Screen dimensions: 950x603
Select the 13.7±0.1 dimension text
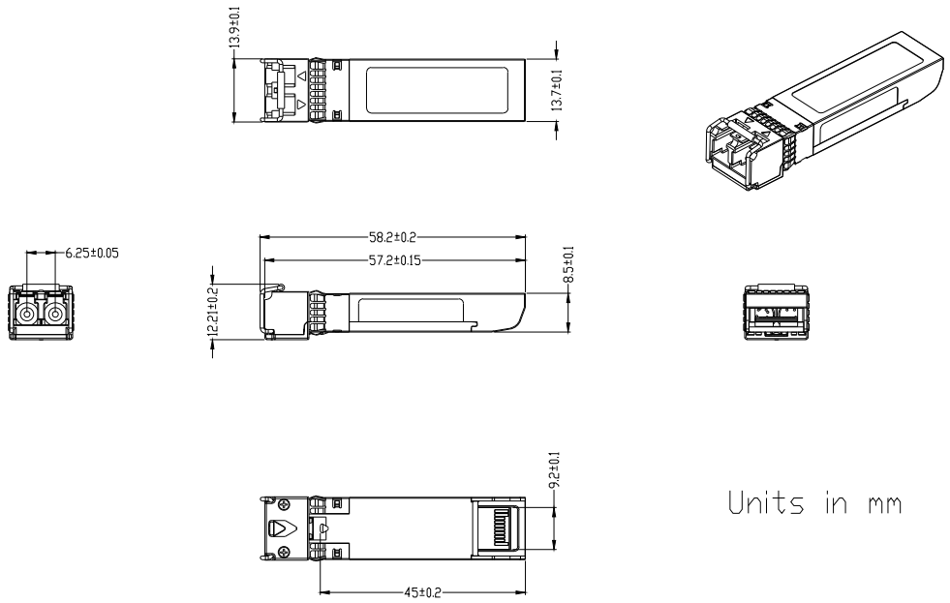coord(556,90)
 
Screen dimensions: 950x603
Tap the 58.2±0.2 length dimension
coord(392,237)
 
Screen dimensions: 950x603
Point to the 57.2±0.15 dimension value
coord(395,260)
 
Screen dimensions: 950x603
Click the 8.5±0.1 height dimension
coord(568,264)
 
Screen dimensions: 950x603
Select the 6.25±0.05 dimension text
coord(92,253)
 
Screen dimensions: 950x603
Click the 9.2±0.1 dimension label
coord(554,470)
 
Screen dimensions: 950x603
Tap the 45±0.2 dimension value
coord(422,592)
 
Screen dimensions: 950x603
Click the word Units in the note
coord(766,502)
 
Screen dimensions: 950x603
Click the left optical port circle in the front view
coord(27,315)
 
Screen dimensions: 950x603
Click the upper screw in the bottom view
coord(284,504)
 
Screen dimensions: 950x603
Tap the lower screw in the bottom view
coord(284,551)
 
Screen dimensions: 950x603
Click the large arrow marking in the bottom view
coord(283,528)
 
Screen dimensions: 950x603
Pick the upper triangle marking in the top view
coord(301,75)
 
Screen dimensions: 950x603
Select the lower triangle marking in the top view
coord(301,104)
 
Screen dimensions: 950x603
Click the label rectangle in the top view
coord(437,90)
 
